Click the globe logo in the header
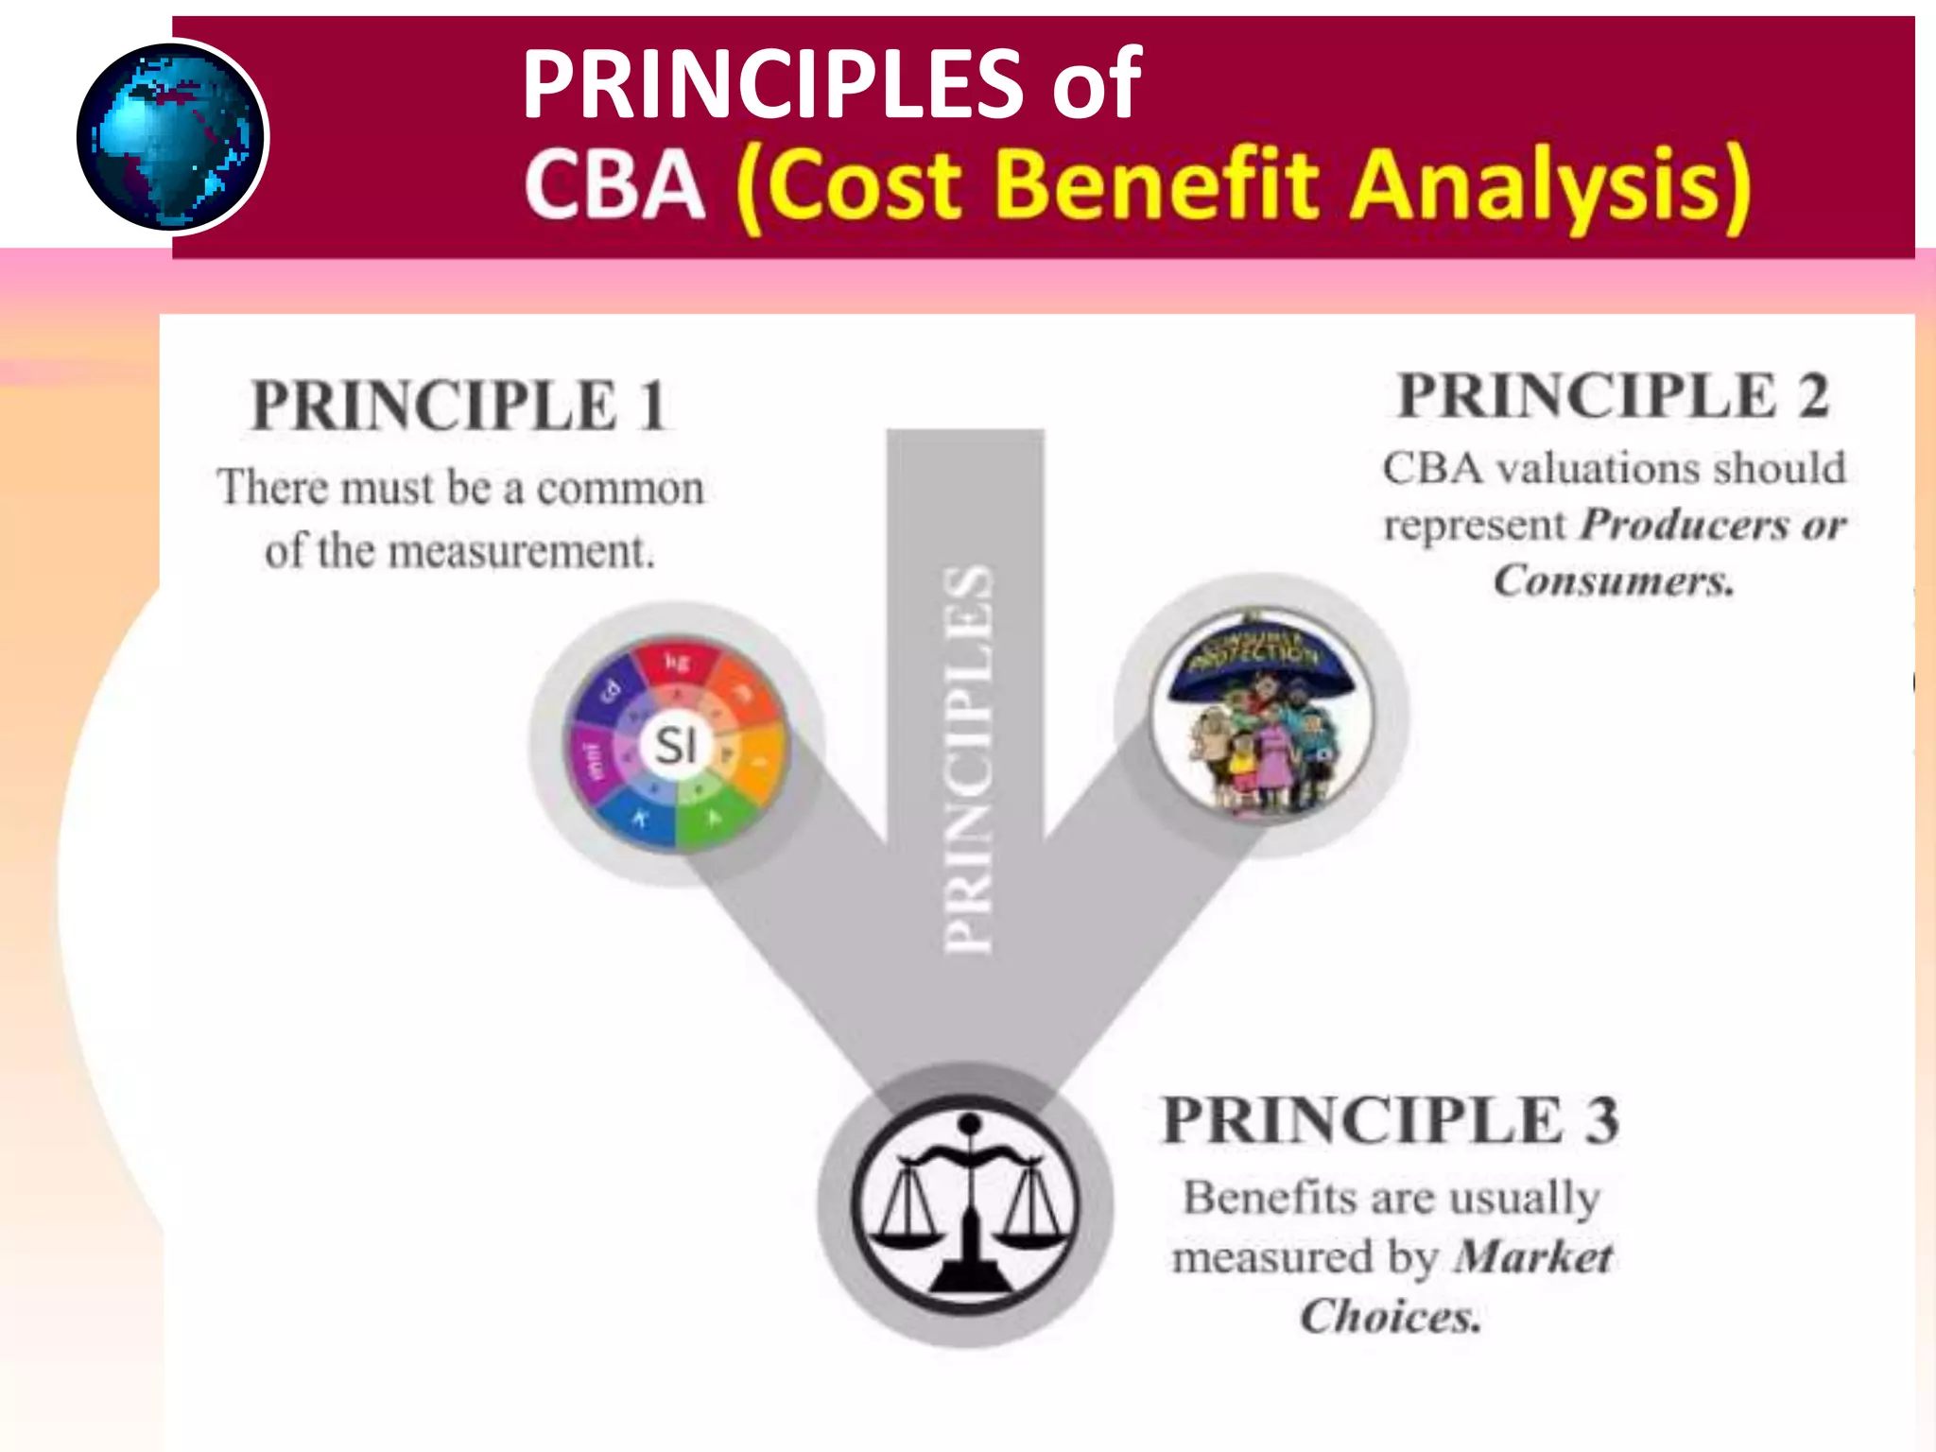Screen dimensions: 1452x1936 pyautogui.click(x=172, y=137)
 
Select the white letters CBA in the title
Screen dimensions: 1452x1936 pyautogui.click(x=614, y=184)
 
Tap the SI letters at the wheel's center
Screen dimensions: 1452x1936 pyautogui.click(x=676, y=745)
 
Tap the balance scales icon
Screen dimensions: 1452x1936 pyautogui.click(x=966, y=1204)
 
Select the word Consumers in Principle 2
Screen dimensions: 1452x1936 pyautogui.click(x=1614, y=579)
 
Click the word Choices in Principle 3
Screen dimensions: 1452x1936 pyautogui.click(x=1390, y=1315)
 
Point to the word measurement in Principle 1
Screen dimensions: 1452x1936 pyautogui.click(x=521, y=551)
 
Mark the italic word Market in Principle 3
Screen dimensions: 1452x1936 pyautogui.click(x=1533, y=1256)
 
